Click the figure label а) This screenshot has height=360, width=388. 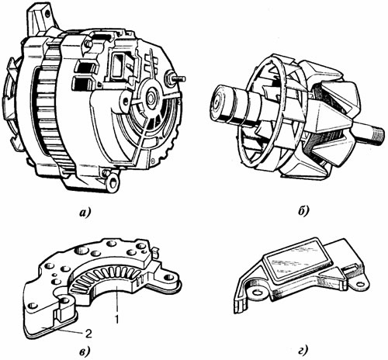(85, 213)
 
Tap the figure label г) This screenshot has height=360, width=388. (303, 351)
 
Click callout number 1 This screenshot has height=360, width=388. (117, 320)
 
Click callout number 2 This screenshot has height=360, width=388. (88, 334)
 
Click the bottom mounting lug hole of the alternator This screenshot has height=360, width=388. (113, 182)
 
